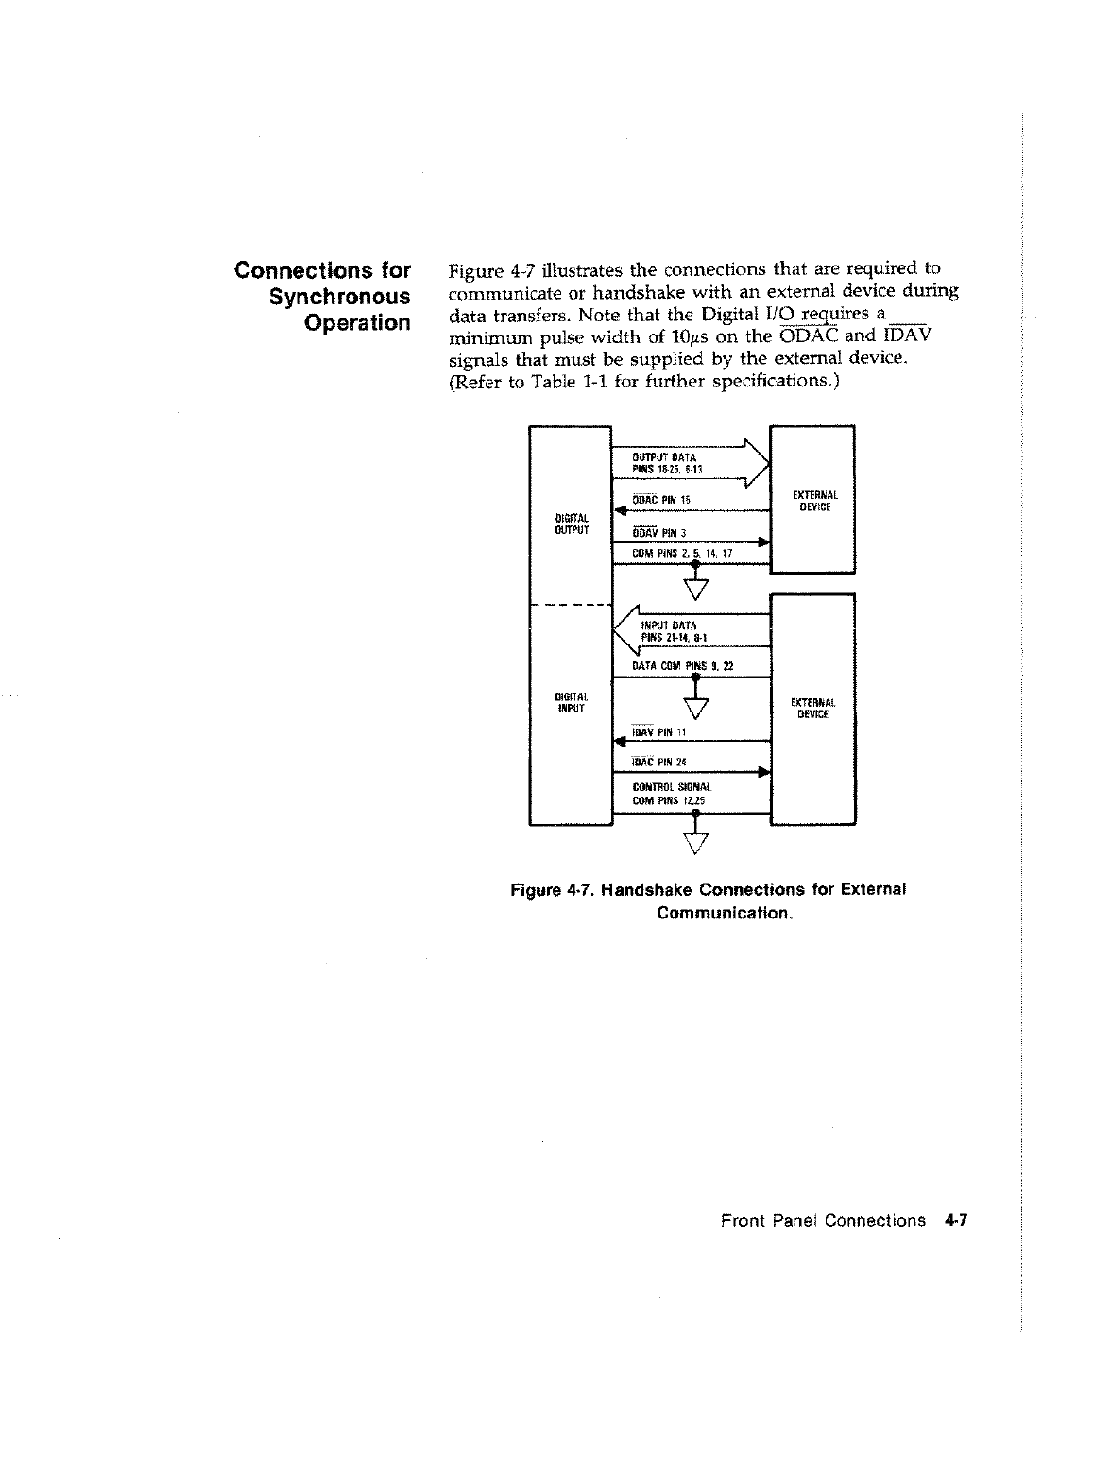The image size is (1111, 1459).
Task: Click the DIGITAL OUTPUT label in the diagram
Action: click(x=573, y=524)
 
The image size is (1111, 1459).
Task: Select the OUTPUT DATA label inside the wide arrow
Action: click(x=664, y=457)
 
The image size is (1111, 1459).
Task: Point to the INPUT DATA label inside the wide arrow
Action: click(x=669, y=625)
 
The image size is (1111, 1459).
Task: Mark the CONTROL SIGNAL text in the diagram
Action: click(x=672, y=786)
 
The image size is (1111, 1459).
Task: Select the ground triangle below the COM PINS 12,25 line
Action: click(x=695, y=842)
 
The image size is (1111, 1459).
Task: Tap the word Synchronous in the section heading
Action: click(x=340, y=297)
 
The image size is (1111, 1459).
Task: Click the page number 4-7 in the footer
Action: click(x=956, y=1220)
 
